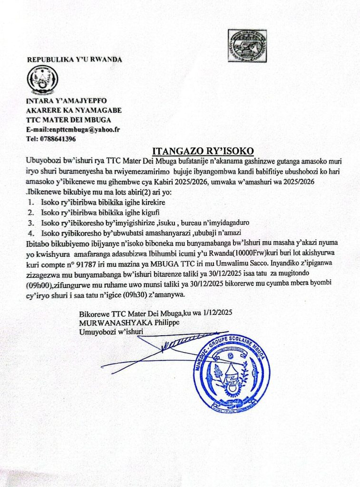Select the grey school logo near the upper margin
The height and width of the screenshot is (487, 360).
coord(247,44)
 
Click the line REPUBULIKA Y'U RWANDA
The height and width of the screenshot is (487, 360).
coord(74,59)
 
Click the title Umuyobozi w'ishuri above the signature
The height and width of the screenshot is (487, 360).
coord(111,331)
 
